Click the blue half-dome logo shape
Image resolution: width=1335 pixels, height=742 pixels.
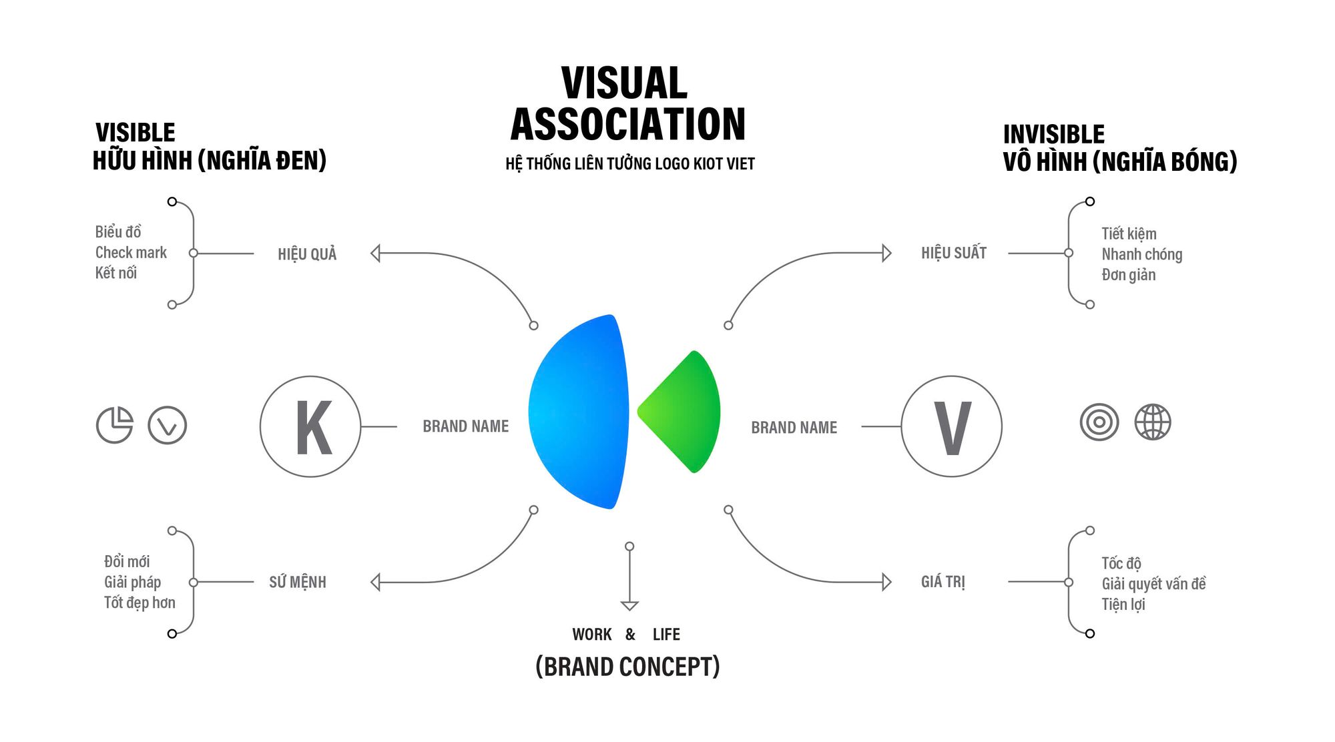[578, 412]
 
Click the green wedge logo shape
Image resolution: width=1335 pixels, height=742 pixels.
[680, 412]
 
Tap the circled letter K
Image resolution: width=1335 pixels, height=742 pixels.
[310, 426]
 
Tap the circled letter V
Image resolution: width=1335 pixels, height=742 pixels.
[952, 426]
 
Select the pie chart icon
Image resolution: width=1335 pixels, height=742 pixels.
[115, 424]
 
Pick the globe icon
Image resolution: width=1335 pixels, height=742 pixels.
[1153, 422]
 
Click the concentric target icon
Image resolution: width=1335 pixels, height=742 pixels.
[1099, 422]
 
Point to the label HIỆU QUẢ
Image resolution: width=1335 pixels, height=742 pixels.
[307, 254]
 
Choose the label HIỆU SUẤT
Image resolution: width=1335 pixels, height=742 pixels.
[954, 253]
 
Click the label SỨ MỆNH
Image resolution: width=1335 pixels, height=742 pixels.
[298, 582]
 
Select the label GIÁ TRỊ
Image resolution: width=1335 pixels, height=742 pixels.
[943, 582]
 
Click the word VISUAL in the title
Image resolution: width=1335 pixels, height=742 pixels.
[625, 83]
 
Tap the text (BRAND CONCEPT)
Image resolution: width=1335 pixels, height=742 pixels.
[628, 667]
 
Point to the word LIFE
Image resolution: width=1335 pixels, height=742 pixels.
[666, 635]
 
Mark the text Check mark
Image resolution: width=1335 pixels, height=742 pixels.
[131, 252]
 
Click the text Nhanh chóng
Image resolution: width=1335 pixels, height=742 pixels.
[1142, 254]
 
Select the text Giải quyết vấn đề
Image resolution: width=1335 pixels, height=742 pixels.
[1154, 584]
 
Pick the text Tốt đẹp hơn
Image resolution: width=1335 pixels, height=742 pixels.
[140, 603]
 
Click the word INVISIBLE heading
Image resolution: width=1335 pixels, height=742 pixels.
[1054, 134]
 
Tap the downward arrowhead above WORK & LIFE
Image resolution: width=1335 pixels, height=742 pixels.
[629, 606]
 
